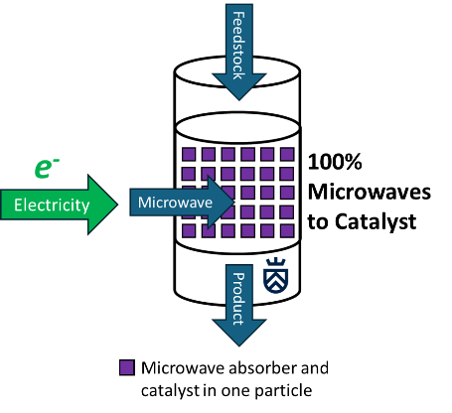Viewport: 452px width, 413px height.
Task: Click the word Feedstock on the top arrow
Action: [x=238, y=46]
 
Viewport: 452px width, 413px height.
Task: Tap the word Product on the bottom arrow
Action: [x=238, y=299]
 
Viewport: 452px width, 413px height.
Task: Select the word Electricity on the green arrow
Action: [x=52, y=206]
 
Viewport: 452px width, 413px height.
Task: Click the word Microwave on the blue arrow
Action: [x=175, y=203]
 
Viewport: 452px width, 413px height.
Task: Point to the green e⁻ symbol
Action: [x=47, y=168]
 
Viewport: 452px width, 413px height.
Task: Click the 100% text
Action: [x=335, y=162]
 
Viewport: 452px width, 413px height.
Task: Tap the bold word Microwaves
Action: [x=370, y=192]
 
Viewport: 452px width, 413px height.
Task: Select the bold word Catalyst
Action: [x=376, y=221]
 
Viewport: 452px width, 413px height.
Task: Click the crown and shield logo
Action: [x=275, y=276]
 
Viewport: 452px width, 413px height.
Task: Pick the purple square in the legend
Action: [x=127, y=367]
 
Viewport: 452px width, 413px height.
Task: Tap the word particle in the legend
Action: [x=283, y=391]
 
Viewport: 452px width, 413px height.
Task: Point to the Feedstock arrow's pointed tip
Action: [x=239, y=100]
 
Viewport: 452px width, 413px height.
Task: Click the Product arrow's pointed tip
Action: [x=239, y=346]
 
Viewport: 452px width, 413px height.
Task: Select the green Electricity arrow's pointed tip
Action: [x=117, y=205]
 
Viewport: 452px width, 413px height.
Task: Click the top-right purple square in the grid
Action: [x=287, y=154]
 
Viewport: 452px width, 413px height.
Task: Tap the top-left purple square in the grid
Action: [x=189, y=154]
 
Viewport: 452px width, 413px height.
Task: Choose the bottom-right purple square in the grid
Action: [x=287, y=230]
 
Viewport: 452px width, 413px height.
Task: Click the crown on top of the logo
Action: [x=275, y=262]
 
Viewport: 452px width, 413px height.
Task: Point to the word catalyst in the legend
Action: [x=170, y=391]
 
